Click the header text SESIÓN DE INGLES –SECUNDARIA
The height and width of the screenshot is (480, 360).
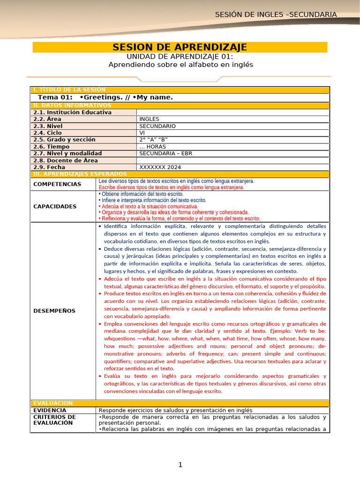coord(276,15)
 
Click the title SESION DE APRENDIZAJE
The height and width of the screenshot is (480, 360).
coord(180,47)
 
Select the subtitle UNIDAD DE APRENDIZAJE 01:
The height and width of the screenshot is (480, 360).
coord(180,56)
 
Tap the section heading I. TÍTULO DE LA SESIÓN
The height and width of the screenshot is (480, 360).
coord(69,90)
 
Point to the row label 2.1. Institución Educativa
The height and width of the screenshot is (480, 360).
coord(72,112)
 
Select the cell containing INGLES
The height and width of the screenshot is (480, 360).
coord(149,119)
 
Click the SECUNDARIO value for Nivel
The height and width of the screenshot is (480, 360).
coord(157,126)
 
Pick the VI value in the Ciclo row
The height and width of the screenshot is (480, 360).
coord(142,133)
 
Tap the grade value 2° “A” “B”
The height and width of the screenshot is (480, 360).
coord(153,140)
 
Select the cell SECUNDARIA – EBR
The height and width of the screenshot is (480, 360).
coord(166,153)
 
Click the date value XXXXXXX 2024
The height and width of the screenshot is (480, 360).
coord(160,167)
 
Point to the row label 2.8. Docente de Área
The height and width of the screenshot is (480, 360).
coord(66,160)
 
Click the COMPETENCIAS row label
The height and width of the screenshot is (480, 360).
coord(57,184)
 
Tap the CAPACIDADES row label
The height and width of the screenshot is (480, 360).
coord(55,206)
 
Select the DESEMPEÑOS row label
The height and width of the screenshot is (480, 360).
coord(54,311)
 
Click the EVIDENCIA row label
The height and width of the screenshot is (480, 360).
coord(50,410)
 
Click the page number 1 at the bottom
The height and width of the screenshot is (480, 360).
coord(180,465)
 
